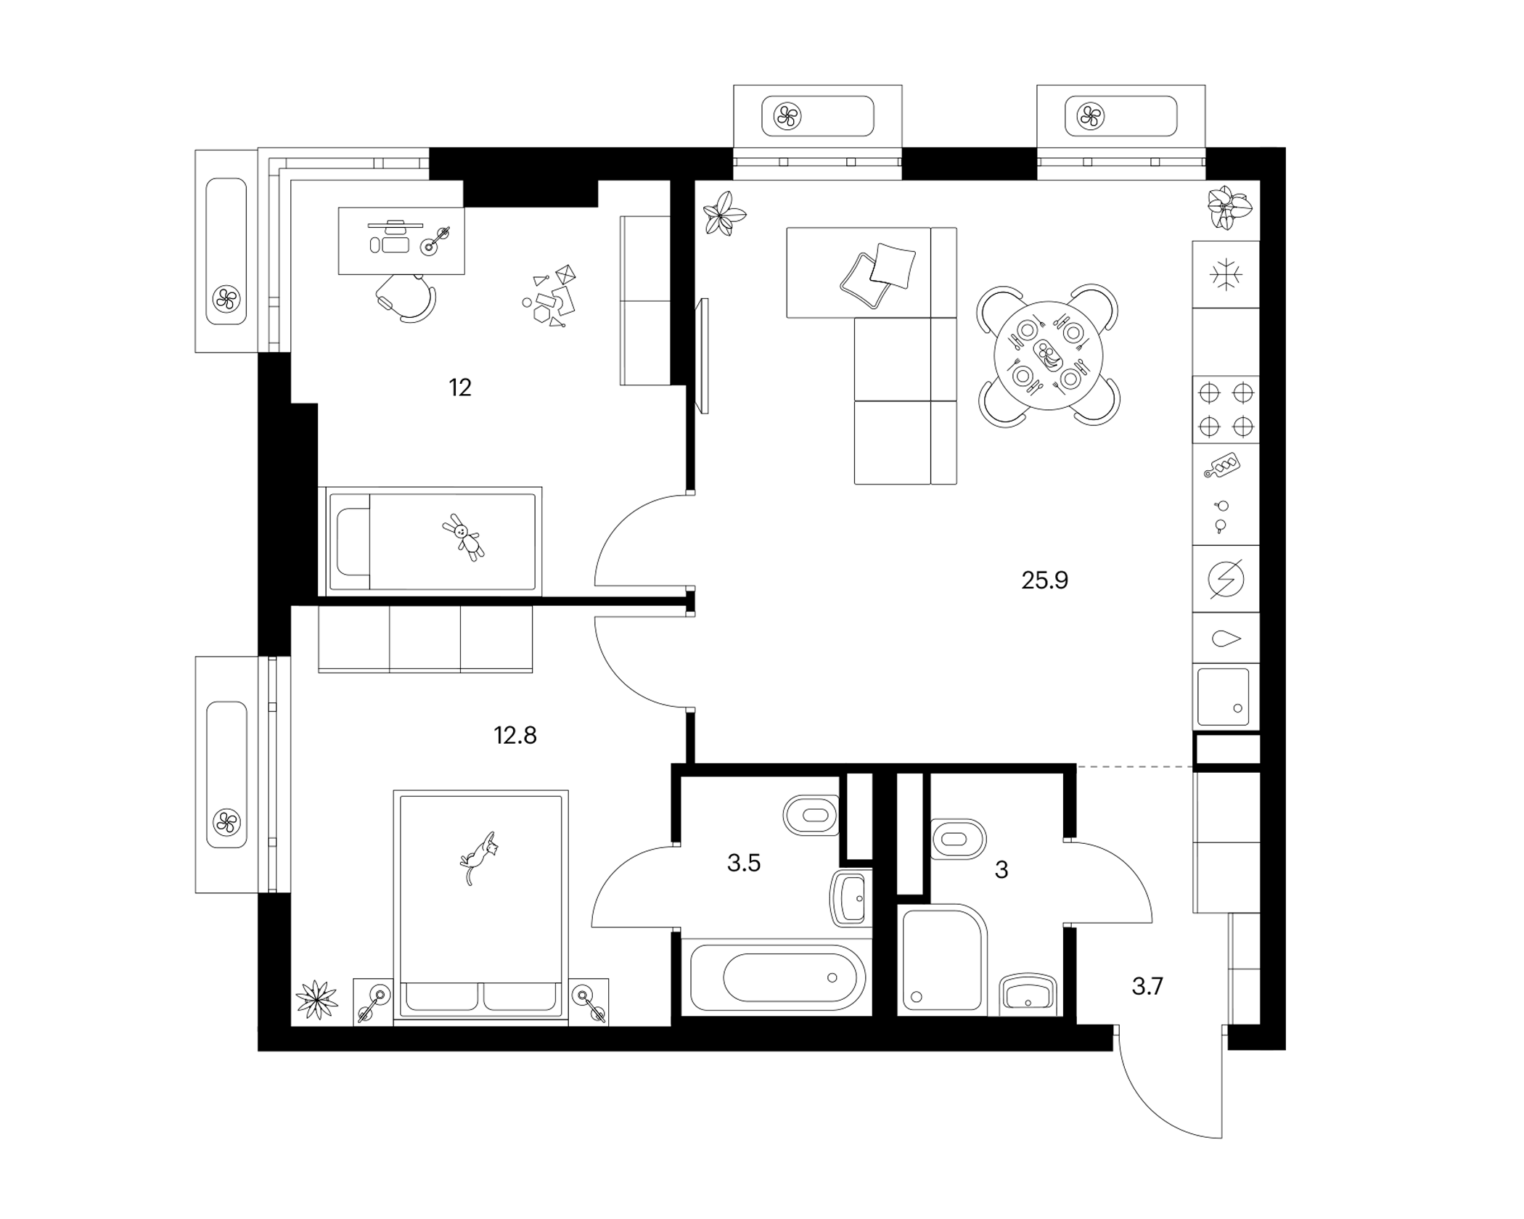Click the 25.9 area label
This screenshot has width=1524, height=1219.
(x=1044, y=580)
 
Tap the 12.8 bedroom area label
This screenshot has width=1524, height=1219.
(x=515, y=736)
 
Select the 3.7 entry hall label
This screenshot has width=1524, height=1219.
(x=1147, y=987)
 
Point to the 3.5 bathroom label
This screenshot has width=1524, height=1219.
(x=744, y=863)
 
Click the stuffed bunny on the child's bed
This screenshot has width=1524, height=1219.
(x=463, y=537)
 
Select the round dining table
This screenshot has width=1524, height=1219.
(x=1048, y=356)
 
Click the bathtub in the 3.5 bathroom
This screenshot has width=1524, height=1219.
(x=777, y=977)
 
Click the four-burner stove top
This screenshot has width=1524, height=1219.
(x=1226, y=410)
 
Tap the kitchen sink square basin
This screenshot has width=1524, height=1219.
(x=1224, y=697)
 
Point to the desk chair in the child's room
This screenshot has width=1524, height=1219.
(x=406, y=297)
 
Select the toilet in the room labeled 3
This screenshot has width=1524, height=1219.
(x=958, y=840)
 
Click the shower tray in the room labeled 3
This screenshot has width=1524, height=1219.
(x=942, y=957)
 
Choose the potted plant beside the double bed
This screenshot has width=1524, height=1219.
(x=317, y=1000)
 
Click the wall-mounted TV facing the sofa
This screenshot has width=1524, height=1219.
(x=702, y=356)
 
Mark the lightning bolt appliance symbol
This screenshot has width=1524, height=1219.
(x=1226, y=579)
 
